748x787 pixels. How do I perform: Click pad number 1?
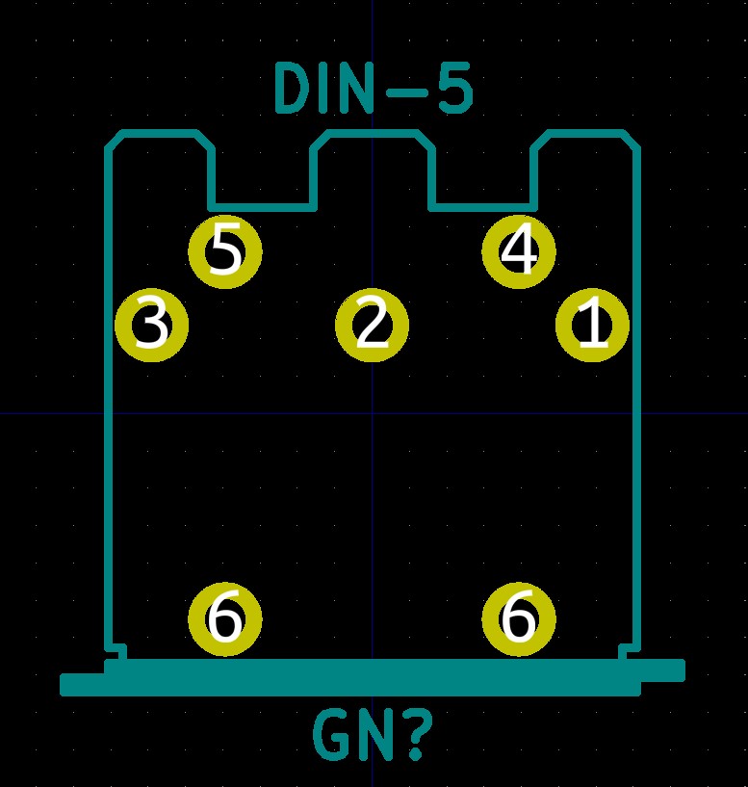click(x=593, y=325)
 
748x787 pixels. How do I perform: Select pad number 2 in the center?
click(x=373, y=325)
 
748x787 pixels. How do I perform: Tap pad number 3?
click(x=151, y=325)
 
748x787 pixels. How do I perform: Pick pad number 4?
click(x=519, y=251)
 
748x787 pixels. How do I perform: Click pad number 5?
click(x=225, y=251)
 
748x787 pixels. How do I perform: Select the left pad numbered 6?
click(x=225, y=618)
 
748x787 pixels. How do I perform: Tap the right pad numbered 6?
click(x=519, y=618)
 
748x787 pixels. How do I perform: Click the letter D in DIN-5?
click(x=294, y=90)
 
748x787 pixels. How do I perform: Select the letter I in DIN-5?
click(x=332, y=90)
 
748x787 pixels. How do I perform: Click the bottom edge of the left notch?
click(x=262, y=206)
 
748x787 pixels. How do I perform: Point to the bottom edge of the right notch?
click(x=482, y=206)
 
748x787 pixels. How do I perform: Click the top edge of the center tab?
click(x=373, y=133)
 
